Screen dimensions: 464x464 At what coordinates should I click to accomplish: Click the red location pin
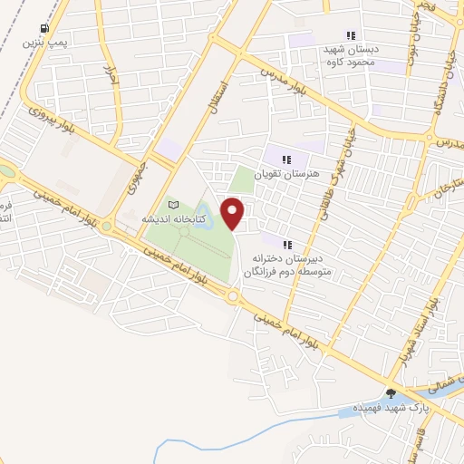[234, 211]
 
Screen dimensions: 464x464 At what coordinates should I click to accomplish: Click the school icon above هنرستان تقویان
[286, 159]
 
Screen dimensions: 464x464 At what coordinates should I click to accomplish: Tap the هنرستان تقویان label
[286, 172]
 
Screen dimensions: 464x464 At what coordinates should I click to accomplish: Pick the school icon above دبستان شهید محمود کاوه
[351, 36]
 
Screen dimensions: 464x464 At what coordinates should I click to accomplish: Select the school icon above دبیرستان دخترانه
[286, 245]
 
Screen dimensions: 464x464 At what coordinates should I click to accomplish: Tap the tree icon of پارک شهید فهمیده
[391, 393]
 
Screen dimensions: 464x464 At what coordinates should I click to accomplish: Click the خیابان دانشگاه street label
[441, 95]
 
